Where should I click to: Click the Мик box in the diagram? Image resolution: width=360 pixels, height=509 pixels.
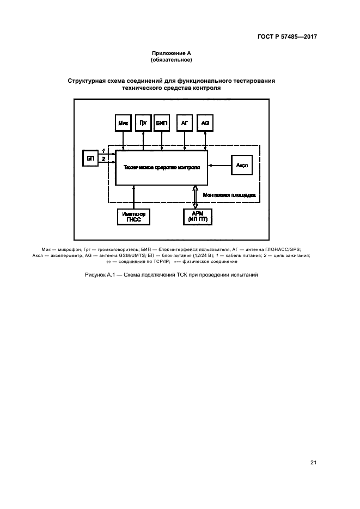point(124,124)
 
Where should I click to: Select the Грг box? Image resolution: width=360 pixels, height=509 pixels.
point(144,124)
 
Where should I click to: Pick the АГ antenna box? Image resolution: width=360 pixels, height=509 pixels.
point(185,124)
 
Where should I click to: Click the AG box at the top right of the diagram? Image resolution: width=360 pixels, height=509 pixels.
point(205,124)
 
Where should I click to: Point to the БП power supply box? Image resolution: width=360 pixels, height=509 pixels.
point(90,158)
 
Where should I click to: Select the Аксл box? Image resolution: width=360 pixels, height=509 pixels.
point(242,165)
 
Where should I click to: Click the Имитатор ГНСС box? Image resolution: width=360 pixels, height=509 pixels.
point(133,217)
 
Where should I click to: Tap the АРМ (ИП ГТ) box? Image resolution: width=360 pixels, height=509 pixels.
point(197,217)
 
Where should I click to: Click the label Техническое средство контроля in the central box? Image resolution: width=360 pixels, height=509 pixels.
point(162,168)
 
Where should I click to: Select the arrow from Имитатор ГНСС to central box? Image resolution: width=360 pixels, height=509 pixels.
point(133,197)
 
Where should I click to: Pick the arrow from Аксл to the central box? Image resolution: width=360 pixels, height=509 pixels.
point(219,165)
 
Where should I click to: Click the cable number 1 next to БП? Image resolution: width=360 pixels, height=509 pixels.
point(103,151)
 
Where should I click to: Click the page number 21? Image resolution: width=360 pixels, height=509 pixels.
point(313,463)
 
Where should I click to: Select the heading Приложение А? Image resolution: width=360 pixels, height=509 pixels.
point(172,53)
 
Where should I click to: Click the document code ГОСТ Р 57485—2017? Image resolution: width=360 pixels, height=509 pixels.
point(287,37)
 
